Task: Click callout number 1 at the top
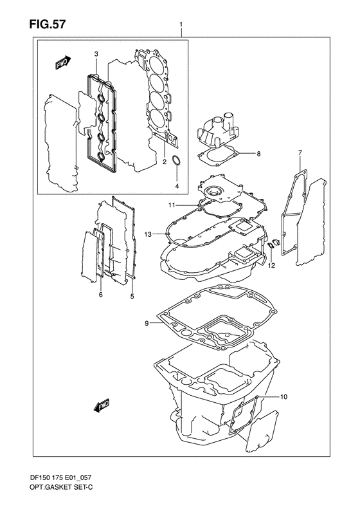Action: coord(182,26)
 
